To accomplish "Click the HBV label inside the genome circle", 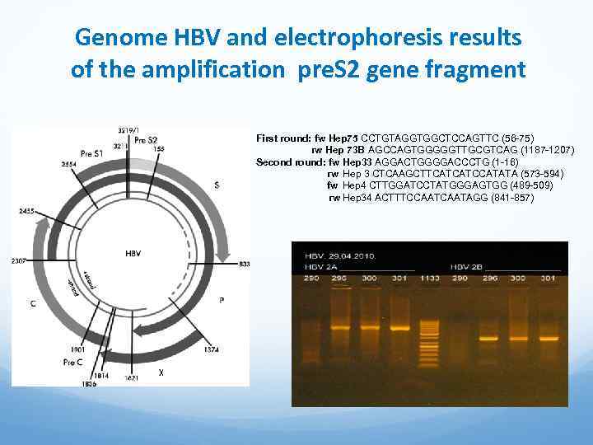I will click(133, 254).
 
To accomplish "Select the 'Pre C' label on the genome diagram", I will click(73, 362).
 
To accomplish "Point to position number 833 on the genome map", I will click(244, 265).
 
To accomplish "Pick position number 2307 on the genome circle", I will click(20, 260).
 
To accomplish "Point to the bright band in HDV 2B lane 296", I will click(490, 338).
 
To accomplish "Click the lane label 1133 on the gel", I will click(429, 279).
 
